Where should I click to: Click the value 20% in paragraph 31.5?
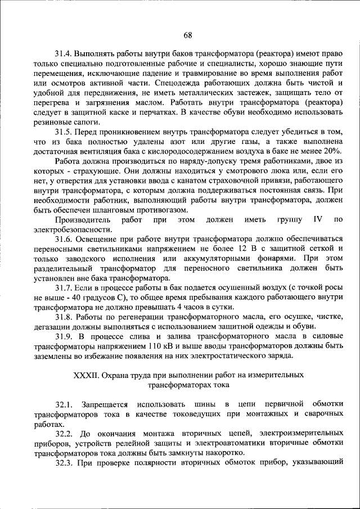coord(332,151)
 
